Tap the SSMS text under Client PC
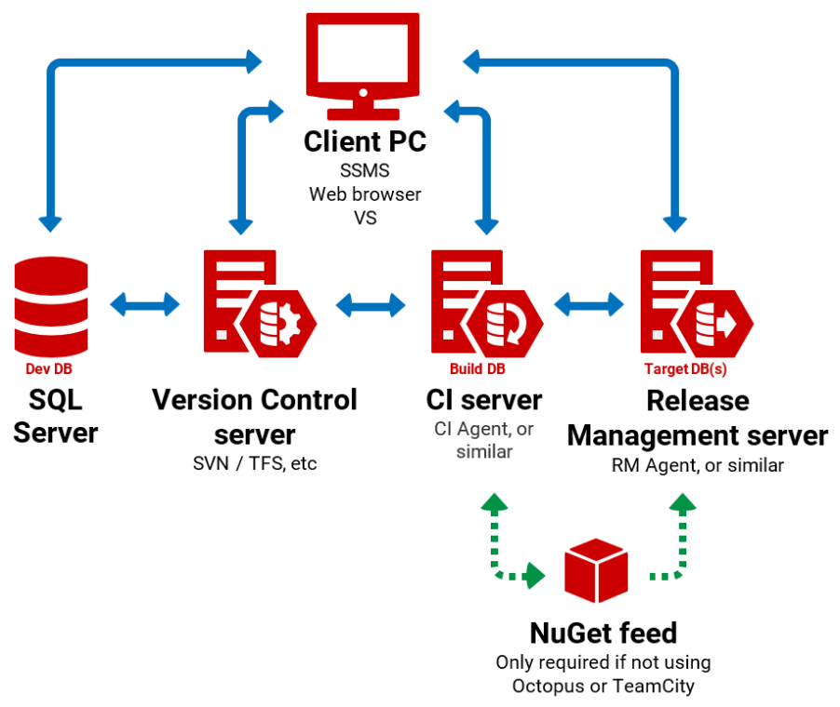click(364, 171)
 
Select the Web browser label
click(365, 194)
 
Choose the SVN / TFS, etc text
click(254, 463)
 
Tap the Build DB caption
click(477, 369)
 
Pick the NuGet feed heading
click(603, 634)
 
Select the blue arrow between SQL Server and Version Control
click(144, 303)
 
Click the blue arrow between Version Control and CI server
click(371, 303)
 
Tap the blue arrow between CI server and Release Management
click(589, 303)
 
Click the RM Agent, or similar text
click(698, 465)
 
